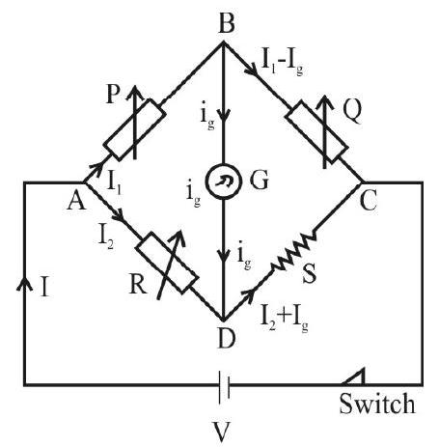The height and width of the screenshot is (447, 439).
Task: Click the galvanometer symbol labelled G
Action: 224,182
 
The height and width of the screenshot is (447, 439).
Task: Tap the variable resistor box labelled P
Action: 134,129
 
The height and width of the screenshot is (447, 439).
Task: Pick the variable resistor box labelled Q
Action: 316,131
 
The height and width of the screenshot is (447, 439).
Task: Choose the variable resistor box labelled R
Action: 167,263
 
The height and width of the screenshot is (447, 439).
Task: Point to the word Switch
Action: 377,404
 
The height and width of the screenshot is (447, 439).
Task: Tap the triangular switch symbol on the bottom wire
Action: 354,377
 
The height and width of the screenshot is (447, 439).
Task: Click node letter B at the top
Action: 226,22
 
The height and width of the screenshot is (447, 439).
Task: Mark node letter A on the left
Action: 76,200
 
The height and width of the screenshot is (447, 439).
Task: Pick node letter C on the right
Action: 369,201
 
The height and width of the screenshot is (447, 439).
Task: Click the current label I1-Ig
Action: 283,63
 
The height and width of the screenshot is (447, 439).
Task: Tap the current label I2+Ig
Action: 285,320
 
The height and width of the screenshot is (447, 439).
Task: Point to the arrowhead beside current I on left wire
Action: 24,284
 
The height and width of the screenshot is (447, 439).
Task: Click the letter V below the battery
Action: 222,432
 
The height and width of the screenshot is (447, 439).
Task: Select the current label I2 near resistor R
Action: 106,237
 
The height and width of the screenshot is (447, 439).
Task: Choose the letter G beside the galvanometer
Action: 259,180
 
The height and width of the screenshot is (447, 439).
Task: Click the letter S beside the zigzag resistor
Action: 310,273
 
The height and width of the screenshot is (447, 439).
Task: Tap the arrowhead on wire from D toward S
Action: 249,293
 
